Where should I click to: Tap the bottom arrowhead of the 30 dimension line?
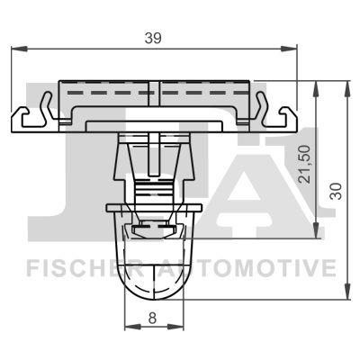point(346,295)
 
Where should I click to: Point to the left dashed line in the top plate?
point(108,93)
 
